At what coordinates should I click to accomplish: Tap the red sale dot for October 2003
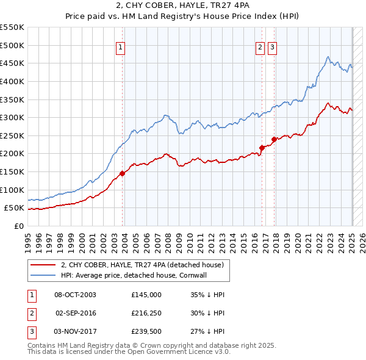coord(122,173)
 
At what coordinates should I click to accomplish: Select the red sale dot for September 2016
coord(262,148)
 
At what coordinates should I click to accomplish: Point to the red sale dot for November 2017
coord(274,139)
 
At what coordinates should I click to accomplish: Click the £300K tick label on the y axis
coord(12,117)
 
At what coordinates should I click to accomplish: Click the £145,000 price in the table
coord(146,294)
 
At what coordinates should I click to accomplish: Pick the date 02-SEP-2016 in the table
coord(76,313)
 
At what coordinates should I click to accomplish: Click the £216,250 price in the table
coord(146,313)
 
